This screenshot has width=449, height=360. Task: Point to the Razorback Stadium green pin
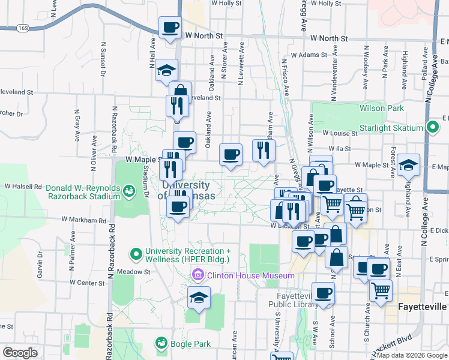[128, 191]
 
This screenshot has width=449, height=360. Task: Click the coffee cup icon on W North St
[170, 28]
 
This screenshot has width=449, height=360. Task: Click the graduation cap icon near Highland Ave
[408, 164]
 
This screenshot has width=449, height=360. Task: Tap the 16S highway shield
[23, 28]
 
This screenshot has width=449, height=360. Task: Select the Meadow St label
[134, 272]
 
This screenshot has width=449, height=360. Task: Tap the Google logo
[20, 352]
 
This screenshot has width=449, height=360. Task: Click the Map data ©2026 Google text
[411, 355]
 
